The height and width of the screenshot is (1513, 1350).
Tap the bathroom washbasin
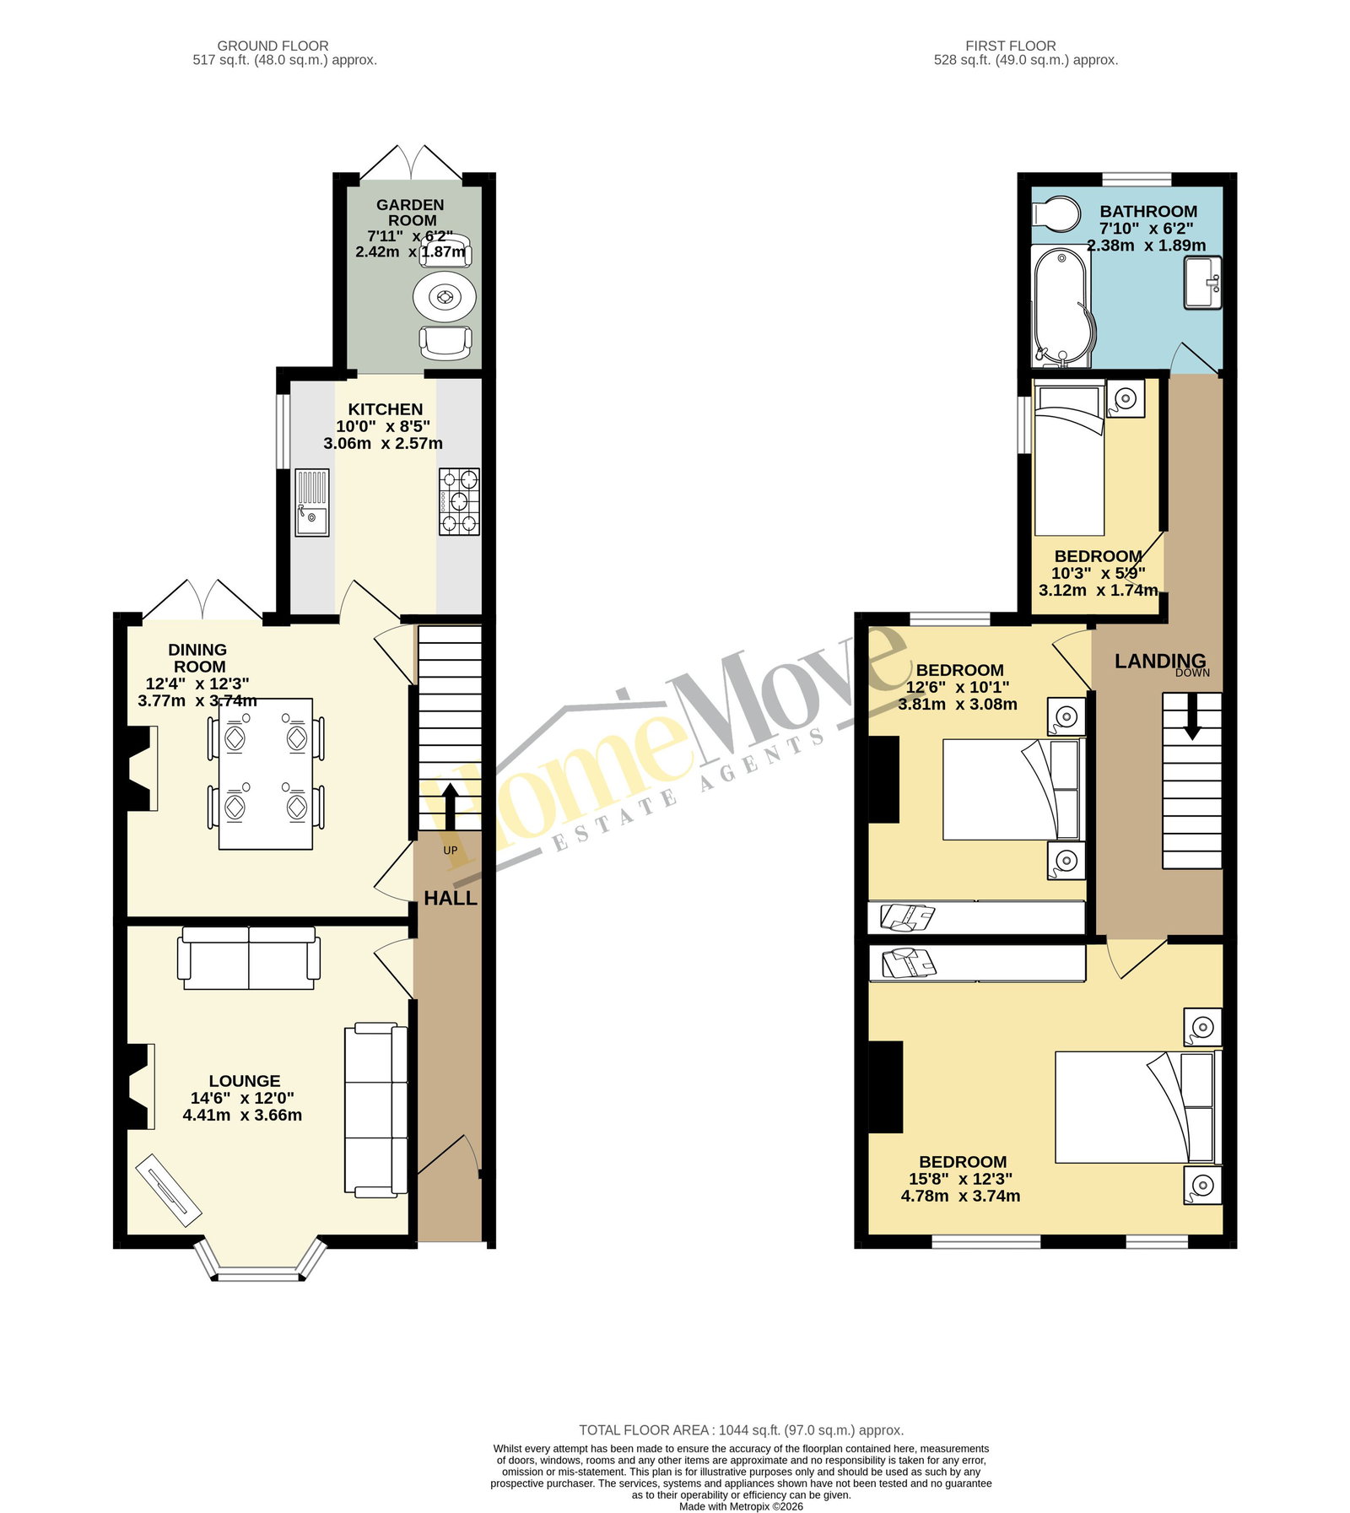pos(1203,283)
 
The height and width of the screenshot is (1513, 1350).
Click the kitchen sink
pos(312,502)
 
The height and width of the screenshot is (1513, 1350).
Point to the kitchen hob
pos(459,502)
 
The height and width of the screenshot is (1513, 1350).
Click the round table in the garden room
pos(445,297)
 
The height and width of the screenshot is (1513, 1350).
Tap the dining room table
pos(265,773)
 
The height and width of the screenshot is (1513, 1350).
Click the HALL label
pos(451,899)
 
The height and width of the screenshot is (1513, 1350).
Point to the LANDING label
pos(1160,661)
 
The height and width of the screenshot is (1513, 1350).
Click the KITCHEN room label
pos(386,409)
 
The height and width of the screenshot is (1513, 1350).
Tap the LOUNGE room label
pos(245,1081)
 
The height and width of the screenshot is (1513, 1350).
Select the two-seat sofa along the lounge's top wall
pos(249,958)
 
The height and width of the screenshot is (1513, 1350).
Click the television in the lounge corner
pos(170,1190)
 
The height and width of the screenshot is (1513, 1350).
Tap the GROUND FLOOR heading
pos(273,46)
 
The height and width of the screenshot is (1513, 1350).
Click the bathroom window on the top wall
pos(1137,179)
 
